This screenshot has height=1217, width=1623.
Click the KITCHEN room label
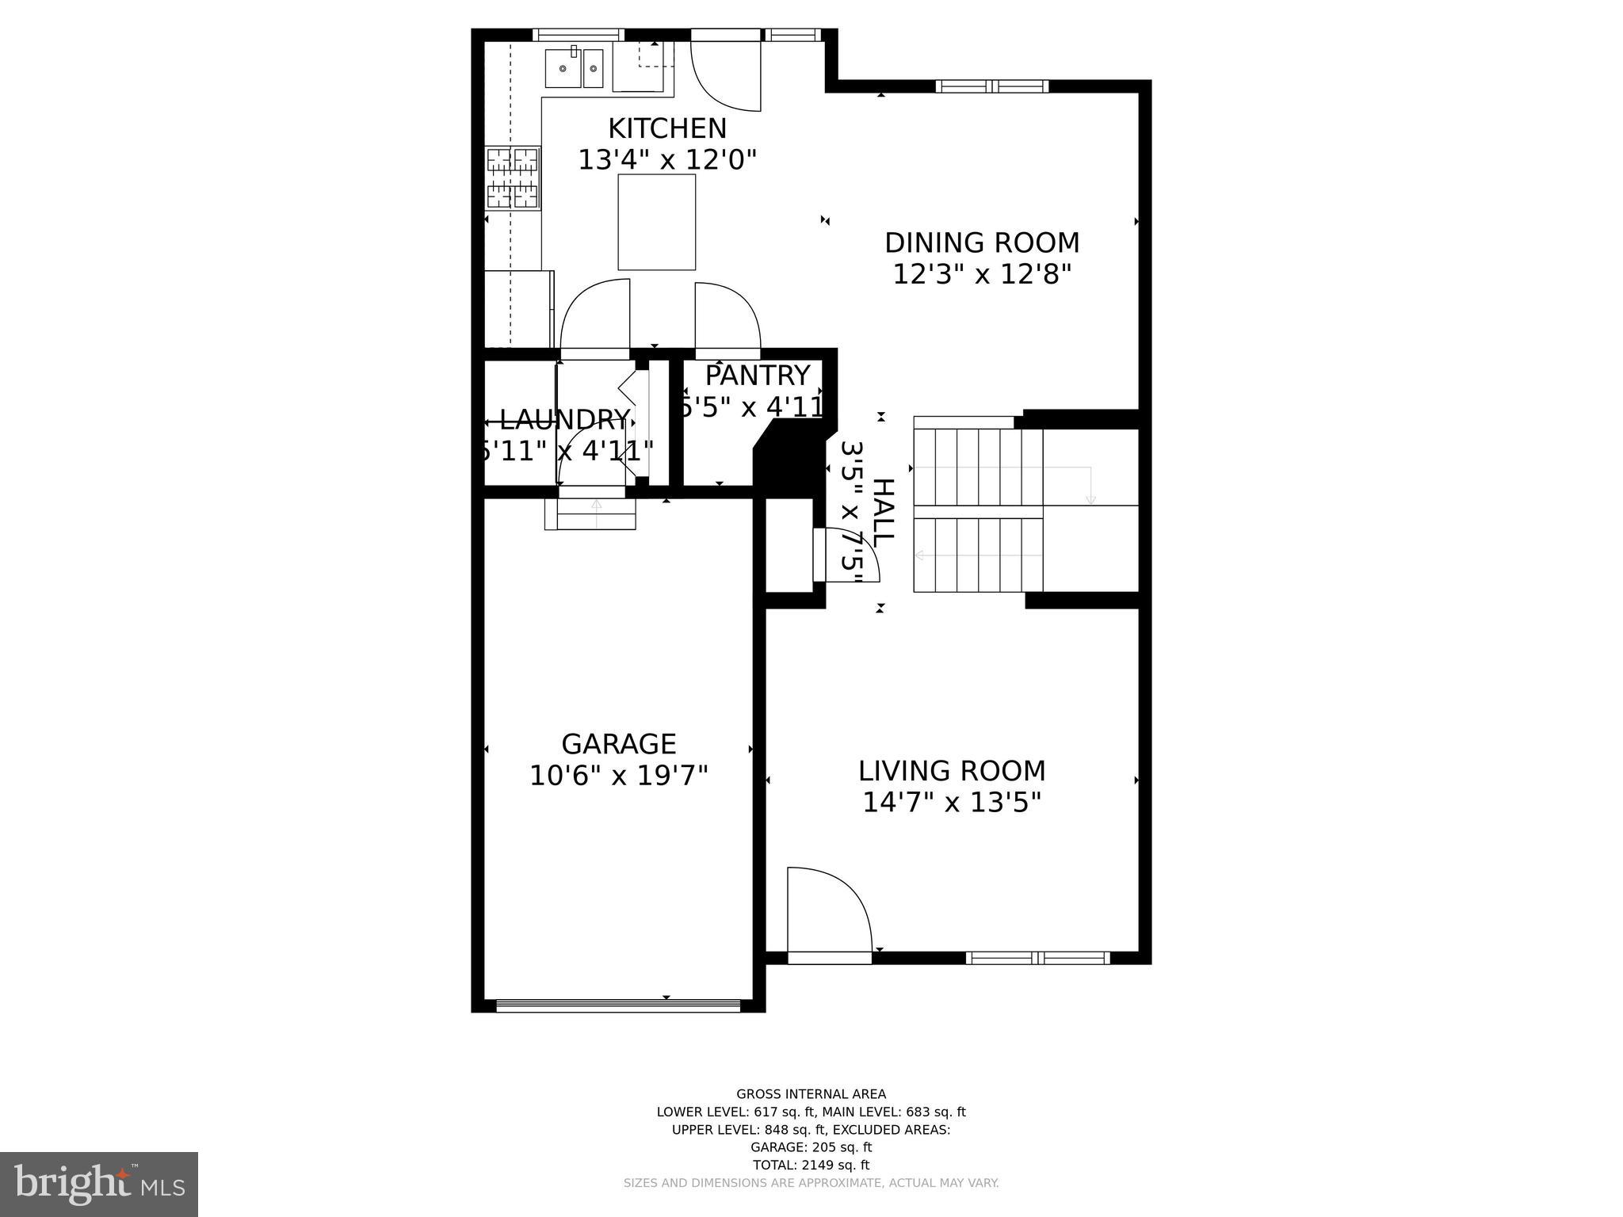[x=666, y=128]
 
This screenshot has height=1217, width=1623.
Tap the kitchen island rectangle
[x=656, y=222]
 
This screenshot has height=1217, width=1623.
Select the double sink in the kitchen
[x=575, y=68]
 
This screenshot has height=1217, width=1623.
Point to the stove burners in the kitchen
[x=512, y=178]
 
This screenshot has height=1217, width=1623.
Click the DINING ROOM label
[x=982, y=242]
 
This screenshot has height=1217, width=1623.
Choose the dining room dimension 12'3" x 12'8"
[x=982, y=275]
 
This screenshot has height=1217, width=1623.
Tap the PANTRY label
[x=758, y=375]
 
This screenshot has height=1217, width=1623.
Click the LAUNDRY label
[x=564, y=419]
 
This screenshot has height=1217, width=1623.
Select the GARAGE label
[x=618, y=744]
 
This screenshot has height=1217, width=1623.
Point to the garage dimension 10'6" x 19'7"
[x=618, y=776]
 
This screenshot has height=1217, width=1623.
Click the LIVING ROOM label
[x=952, y=771]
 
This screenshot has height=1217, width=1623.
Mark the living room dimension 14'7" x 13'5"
[x=951, y=803]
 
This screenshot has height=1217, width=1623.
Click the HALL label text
[x=883, y=511]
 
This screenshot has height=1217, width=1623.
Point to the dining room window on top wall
[x=991, y=86]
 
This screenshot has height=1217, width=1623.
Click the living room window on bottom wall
[x=1037, y=958]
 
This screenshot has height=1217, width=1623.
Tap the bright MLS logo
[x=99, y=1185]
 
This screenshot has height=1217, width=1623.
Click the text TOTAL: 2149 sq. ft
[x=811, y=1165]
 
